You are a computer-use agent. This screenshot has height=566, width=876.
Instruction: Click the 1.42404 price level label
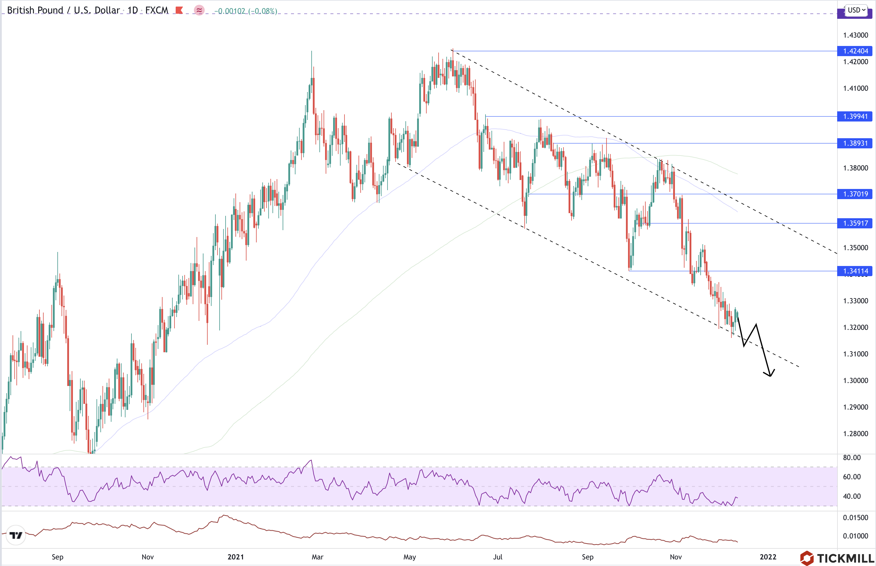click(855, 51)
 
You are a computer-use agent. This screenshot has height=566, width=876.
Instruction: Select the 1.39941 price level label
click(855, 116)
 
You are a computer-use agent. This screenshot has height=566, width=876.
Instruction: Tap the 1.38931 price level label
click(855, 143)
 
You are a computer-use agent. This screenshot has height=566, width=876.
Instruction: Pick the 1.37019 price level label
click(855, 194)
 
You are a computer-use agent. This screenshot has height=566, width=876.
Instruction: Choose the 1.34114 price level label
click(855, 271)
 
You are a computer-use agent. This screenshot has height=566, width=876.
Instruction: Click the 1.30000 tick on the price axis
click(855, 380)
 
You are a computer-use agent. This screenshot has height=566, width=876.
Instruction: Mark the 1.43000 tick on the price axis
click(855, 35)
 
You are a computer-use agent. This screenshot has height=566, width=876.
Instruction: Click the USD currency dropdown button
click(856, 10)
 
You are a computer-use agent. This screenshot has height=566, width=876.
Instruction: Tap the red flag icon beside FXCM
click(179, 10)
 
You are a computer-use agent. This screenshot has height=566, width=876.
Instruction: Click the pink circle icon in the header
click(199, 10)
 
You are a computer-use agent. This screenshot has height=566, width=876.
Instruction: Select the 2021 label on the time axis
click(235, 557)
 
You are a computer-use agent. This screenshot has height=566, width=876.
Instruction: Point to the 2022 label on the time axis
click(768, 557)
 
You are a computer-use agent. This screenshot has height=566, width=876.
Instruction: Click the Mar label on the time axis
click(317, 557)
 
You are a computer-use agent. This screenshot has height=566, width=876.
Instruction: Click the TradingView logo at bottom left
click(16, 535)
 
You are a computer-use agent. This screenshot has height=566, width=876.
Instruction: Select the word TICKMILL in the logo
click(845, 558)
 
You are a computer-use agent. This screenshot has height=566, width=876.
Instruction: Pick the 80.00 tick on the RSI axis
click(852, 458)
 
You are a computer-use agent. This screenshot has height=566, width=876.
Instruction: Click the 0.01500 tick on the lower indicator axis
click(855, 517)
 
